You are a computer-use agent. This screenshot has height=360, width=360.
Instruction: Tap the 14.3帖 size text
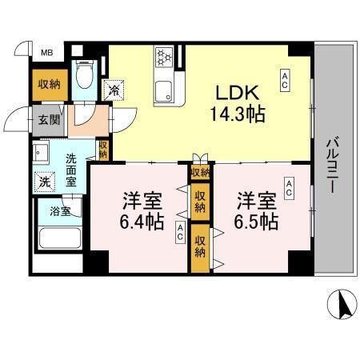237,113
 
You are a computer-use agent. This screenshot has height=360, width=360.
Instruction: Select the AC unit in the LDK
284,78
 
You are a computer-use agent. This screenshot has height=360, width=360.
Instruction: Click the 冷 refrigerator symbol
114,90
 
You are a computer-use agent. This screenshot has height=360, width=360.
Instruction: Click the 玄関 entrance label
45,121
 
